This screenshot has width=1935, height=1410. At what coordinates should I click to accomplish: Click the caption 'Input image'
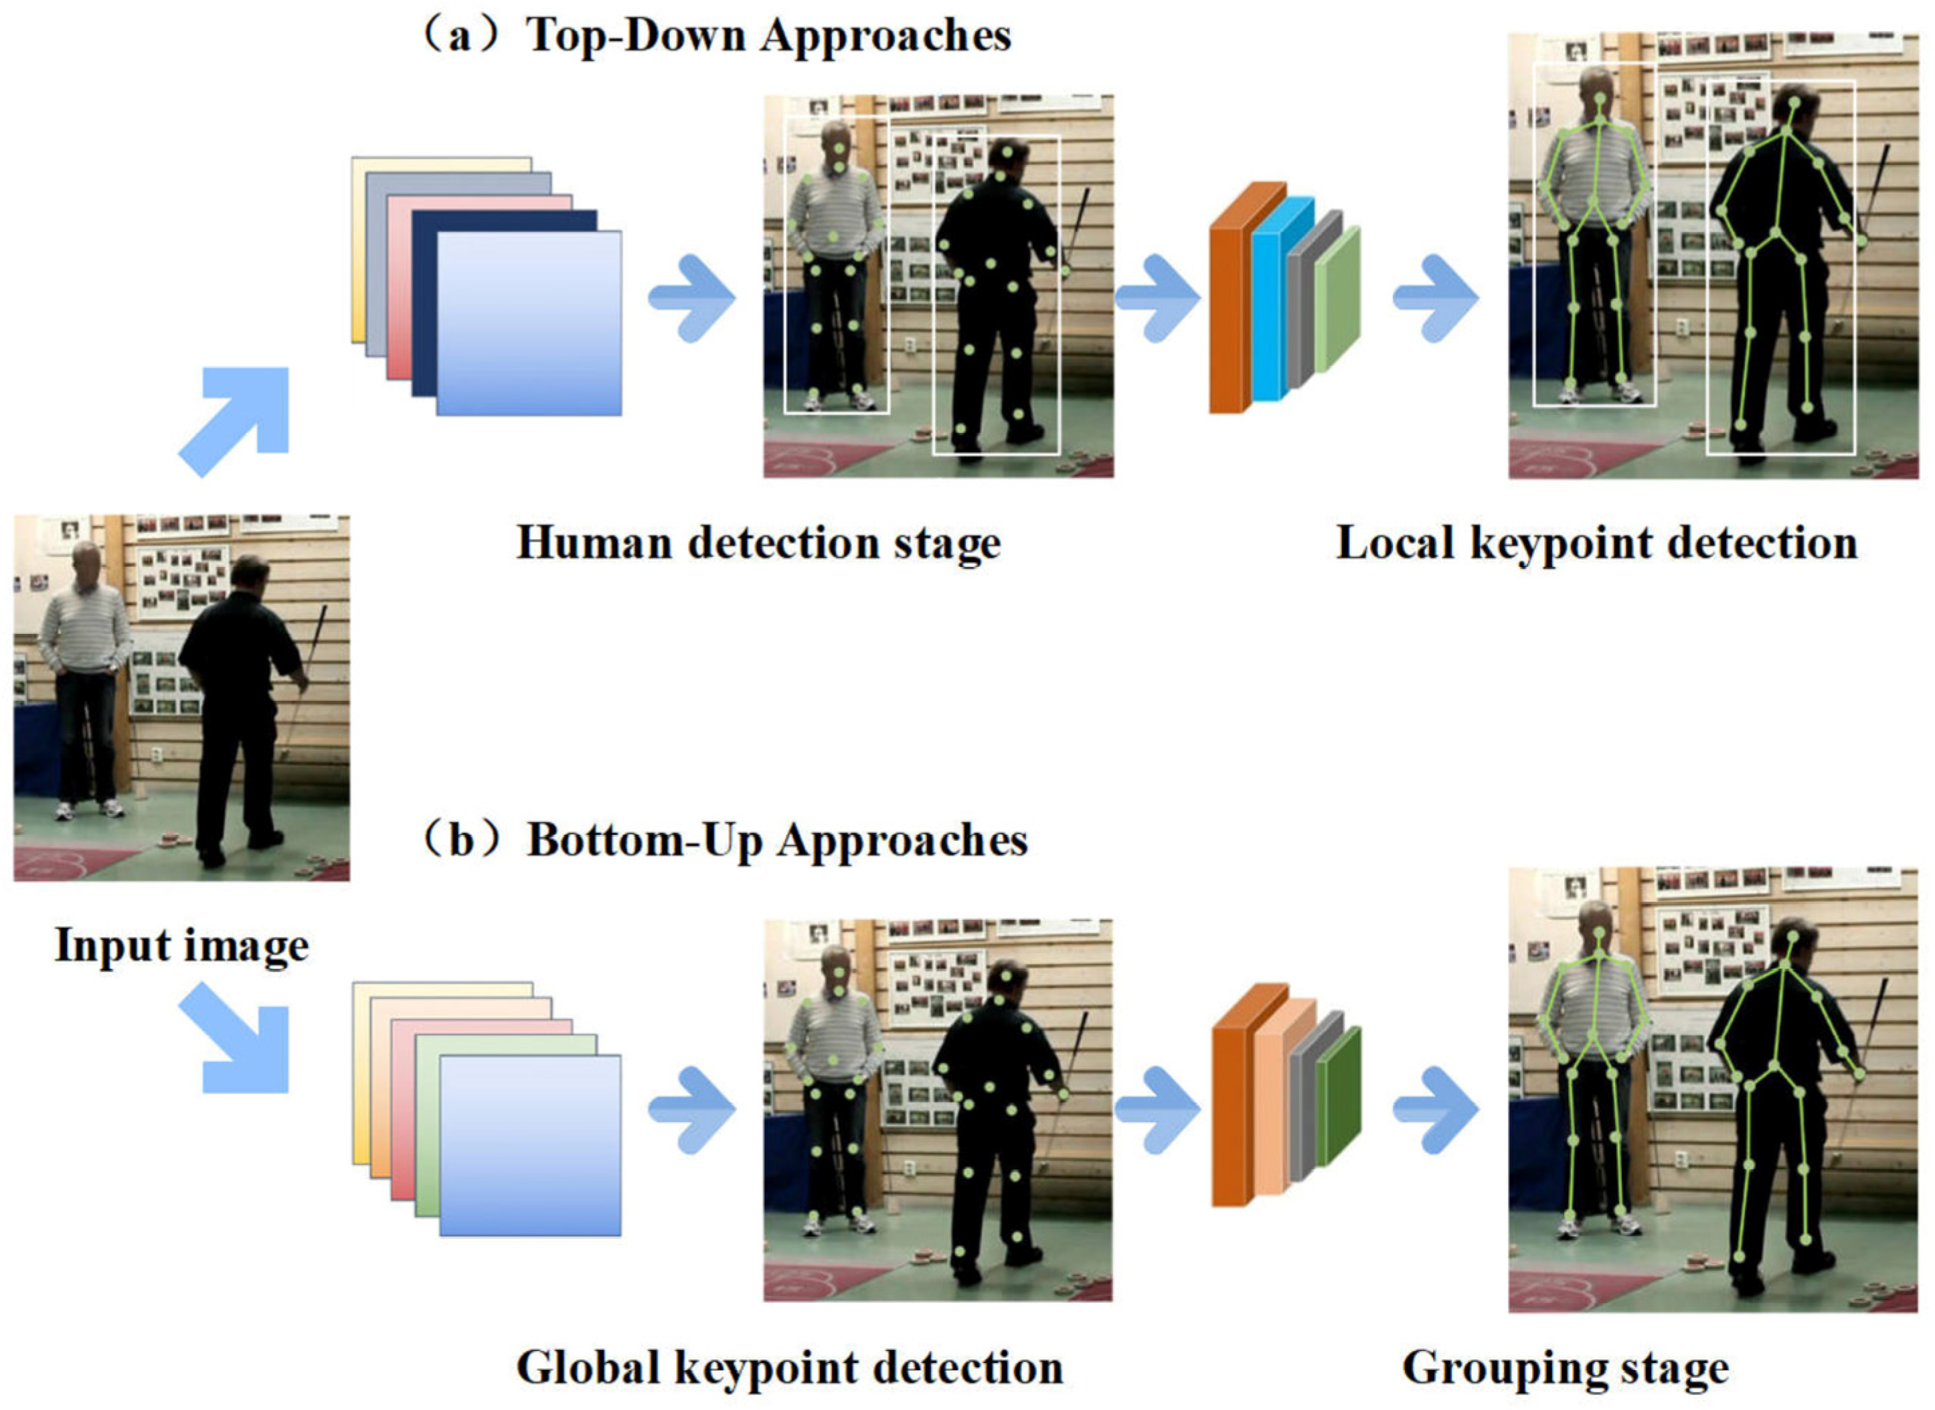(x=182, y=945)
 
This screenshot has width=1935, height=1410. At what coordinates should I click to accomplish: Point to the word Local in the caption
(x=1394, y=543)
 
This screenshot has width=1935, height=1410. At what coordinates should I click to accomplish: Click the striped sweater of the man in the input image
(x=85, y=628)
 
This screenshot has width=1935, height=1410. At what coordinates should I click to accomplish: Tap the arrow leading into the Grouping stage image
(x=1436, y=1109)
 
